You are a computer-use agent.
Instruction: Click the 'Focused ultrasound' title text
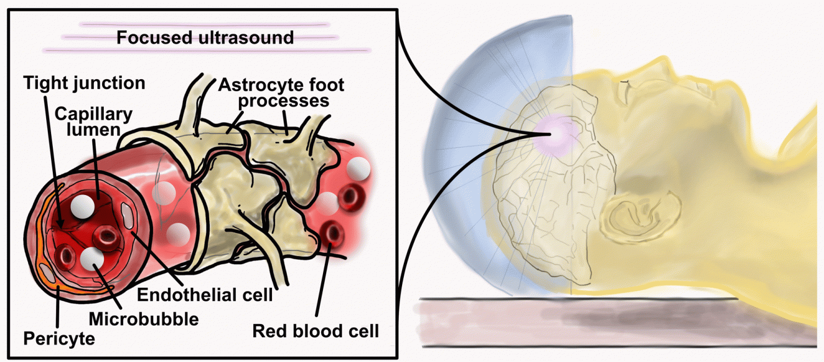point(205,38)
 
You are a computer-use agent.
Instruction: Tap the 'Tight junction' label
point(84,83)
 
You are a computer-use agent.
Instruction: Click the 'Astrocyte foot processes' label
point(281,93)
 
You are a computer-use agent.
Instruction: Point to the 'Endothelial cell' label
point(205,295)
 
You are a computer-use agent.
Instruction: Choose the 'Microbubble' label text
point(143,319)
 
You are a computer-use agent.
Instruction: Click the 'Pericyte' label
point(59,338)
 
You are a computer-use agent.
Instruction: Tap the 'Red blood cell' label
point(315,331)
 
